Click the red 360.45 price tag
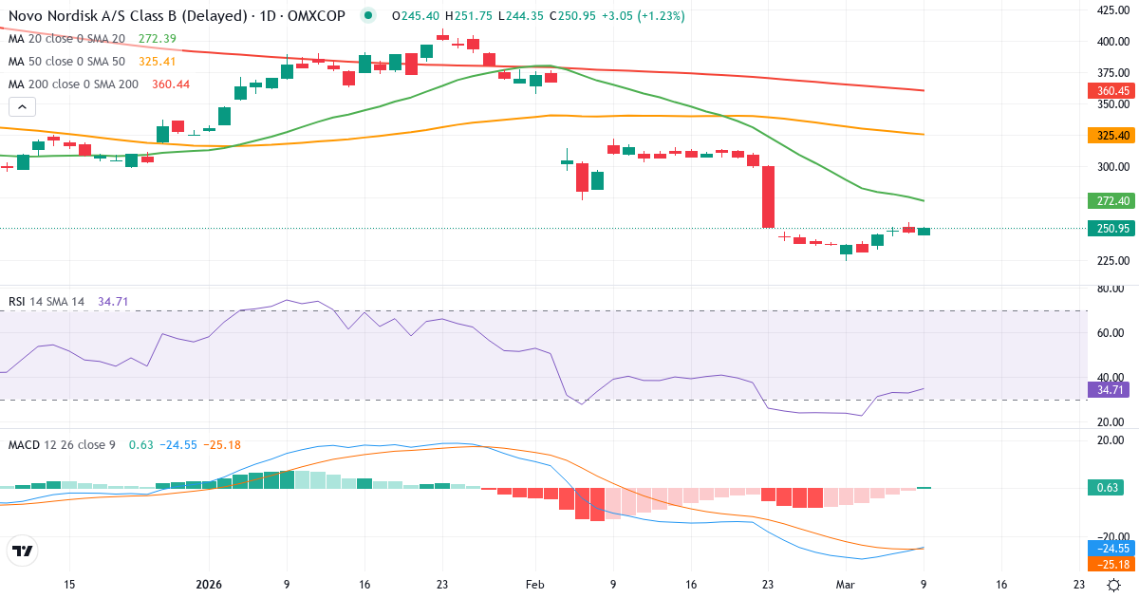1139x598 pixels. (1109, 91)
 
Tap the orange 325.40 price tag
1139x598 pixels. (1109, 136)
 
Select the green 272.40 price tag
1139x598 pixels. (1109, 200)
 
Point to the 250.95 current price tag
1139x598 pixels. (1109, 229)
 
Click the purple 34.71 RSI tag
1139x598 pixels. (1109, 389)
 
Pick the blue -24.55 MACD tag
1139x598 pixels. (1109, 549)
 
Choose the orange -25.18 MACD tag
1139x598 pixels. (1109, 565)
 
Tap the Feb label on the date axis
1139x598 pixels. (534, 585)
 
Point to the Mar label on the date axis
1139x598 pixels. (846, 585)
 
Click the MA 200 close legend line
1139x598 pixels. (73, 84)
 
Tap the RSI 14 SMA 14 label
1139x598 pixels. (47, 302)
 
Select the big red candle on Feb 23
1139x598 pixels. (768, 196)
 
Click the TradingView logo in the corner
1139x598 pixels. (22, 551)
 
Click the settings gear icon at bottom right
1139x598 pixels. (1116, 585)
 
